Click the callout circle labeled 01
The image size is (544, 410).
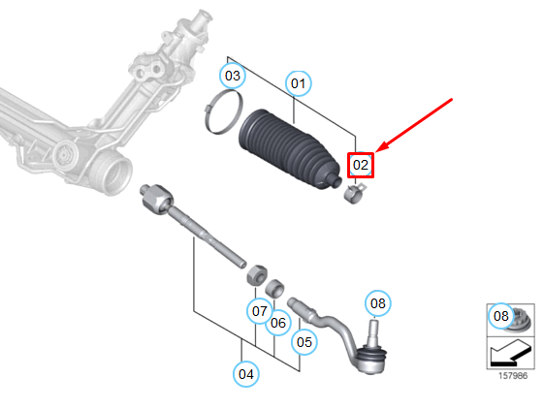(299, 83)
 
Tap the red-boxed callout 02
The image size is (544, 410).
(361, 165)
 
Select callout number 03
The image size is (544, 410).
(233, 76)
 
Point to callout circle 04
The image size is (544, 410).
(246, 374)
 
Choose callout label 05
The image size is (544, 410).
(304, 342)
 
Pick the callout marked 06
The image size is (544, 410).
(278, 323)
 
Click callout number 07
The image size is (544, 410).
(260, 311)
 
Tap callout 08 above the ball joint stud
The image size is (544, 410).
(378, 303)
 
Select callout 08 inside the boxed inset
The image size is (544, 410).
(501, 316)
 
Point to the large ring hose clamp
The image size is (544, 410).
(223, 111)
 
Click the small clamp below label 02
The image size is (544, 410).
(354, 194)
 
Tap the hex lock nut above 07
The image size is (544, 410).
(257, 274)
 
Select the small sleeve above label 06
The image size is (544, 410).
(274, 288)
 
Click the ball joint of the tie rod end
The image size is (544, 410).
(371, 358)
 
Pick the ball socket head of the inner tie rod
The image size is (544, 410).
(157, 199)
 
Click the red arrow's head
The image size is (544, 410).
(382, 147)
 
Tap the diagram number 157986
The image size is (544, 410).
(513, 376)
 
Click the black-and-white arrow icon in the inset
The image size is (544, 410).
(510, 353)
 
